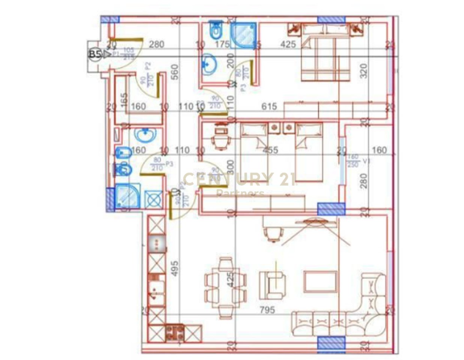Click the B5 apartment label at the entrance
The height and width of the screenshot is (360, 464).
[95, 54]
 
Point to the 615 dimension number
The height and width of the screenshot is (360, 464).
[269, 106]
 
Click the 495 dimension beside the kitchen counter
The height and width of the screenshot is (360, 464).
[175, 268]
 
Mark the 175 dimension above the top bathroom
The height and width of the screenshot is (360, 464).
[222, 44]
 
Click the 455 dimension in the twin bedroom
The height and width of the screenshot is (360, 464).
[270, 150]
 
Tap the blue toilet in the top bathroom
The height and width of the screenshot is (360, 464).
[215, 30]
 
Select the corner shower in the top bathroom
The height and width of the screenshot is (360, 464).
[244, 35]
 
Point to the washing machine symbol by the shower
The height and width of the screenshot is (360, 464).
[154, 199]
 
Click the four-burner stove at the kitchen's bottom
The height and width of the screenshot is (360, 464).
[175, 333]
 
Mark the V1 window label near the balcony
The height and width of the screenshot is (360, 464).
[365, 162]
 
